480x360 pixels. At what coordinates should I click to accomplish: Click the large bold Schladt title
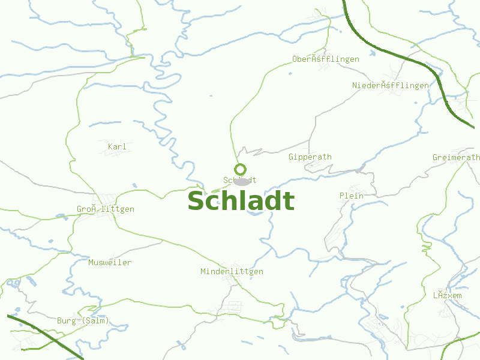point(241,202)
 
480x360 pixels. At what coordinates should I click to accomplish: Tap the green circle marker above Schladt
point(241,169)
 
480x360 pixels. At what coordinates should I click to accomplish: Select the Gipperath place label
point(310,157)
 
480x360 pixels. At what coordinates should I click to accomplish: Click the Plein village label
point(352,196)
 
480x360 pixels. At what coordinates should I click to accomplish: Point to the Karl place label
point(117,147)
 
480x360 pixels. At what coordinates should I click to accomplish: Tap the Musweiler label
point(109,263)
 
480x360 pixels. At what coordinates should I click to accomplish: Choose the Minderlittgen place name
point(232,272)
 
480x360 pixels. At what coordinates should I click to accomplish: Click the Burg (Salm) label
point(83,321)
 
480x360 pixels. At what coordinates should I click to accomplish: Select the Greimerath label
point(456,158)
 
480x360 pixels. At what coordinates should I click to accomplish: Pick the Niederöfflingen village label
point(391,86)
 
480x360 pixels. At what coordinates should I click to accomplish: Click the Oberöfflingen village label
point(325,59)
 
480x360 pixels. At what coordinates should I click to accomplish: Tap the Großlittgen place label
point(105,209)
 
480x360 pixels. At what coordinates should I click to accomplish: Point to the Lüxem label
point(447,296)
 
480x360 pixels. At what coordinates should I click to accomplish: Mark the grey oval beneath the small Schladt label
point(241,182)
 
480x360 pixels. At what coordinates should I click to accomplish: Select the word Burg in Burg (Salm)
point(66,321)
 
